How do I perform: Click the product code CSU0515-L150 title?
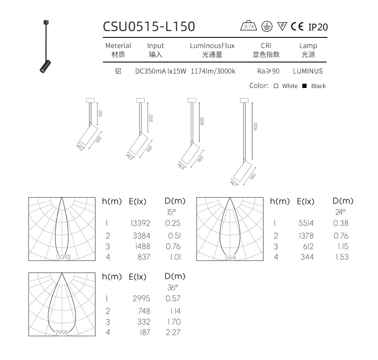pyautogui.click(x=149, y=26)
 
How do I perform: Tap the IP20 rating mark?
pyautogui.click(x=318, y=27)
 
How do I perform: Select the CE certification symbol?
pyautogui.click(x=297, y=27)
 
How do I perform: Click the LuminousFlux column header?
pyautogui.click(x=212, y=45)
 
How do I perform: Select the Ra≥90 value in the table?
pyautogui.click(x=268, y=71)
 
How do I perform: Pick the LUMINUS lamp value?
pyautogui.click(x=308, y=71)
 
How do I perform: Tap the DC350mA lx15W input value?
pyautogui.click(x=161, y=71)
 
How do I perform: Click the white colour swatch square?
pyautogui.click(x=276, y=86)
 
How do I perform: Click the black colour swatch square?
pyautogui.click(x=304, y=86)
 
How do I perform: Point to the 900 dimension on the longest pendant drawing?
pyautogui.click(x=256, y=127)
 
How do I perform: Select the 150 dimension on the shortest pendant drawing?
pyautogui.click(x=100, y=113)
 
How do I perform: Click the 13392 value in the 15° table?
pyautogui.click(x=140, y=223)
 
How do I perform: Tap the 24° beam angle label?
pyautogui.click(x=341, y=211)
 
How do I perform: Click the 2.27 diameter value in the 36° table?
pyautogui.click(x=173, y=332)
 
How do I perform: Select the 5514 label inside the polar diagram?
pyautogui.click(x=230, y=258)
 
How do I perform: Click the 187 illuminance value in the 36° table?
pyautogui.click(x=145, y=332)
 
